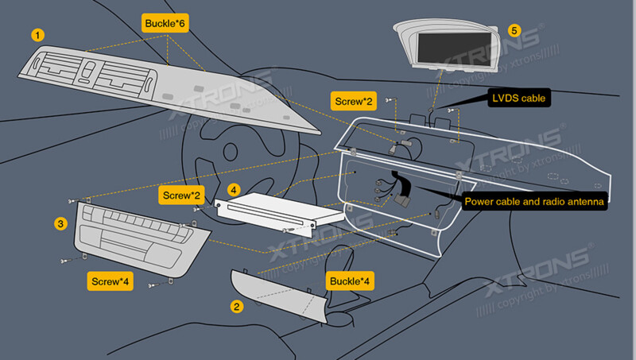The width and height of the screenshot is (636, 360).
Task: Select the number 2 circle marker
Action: tap(236, 305)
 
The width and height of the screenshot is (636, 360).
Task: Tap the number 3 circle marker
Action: tap(60, 224)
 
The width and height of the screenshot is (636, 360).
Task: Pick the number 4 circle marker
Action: tap(233, 190)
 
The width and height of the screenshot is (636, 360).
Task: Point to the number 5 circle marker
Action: tap(514, 31)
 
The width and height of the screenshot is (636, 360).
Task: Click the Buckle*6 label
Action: tap(165, 23)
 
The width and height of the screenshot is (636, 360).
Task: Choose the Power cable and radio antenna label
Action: tap(535, 202)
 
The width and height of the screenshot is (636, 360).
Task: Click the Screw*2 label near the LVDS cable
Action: tap(353, 101)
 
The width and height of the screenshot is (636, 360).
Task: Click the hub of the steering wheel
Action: tap(231, 151)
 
